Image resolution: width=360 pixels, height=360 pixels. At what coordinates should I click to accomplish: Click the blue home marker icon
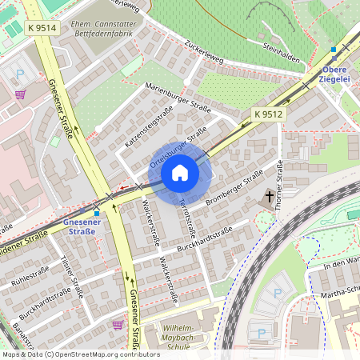tap(180, 173)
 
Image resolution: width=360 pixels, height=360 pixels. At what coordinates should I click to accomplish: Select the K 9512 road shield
tap(269, 114)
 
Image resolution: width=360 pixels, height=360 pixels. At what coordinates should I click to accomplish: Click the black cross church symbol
tap(270, 196)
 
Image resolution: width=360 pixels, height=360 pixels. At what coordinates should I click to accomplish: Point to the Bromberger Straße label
tap(234, 186)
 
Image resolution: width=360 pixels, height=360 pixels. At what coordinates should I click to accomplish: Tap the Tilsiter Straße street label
tap(72, 276)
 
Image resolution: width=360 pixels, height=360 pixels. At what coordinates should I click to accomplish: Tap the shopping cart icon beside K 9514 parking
tap(20, 94)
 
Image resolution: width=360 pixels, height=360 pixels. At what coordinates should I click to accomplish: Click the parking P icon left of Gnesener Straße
tap(20, 74)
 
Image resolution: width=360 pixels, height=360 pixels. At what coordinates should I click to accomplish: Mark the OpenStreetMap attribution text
tap(70, 354)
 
